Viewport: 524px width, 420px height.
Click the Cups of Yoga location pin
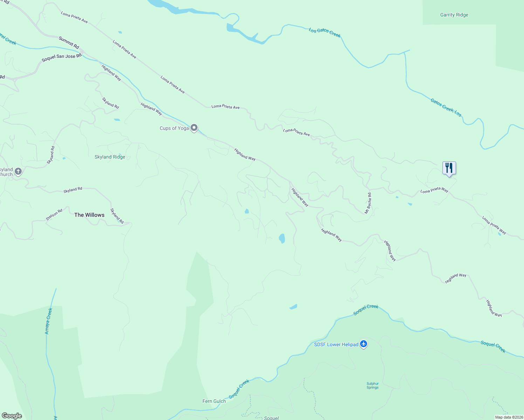(x=194, y=128)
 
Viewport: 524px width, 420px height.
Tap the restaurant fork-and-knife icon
(x=449, y=168)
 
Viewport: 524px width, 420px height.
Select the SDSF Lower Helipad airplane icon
(x=364, y=344)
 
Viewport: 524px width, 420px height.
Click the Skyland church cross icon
(x=19, y=171)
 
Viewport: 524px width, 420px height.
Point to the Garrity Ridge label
(x=454, y=15)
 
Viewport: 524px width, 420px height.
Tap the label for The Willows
(x=89, y=215)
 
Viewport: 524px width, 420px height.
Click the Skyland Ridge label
(x=110, y=157)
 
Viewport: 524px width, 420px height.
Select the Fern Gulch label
(x=214, y=401)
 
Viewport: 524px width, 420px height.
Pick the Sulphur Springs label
(x=372, y=385)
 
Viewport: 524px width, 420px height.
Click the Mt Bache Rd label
(x=368, y=203)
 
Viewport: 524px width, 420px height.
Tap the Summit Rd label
(x=69, y=42)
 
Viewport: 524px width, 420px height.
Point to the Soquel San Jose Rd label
(x=61, y=58)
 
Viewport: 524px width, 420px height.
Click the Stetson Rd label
(x=54, y=215)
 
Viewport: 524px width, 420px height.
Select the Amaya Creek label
(x=48, y=321)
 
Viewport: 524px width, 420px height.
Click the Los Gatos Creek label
(x=324, y=32)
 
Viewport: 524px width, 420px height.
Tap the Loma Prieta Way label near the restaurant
(x=434, y=190)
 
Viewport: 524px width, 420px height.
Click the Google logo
(x=12, y=415)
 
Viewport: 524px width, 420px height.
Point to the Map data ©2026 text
(x=509, y=417)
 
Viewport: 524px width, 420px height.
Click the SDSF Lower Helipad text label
(x=336, y=344)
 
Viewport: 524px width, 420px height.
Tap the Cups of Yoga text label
(x=174, y=128)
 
